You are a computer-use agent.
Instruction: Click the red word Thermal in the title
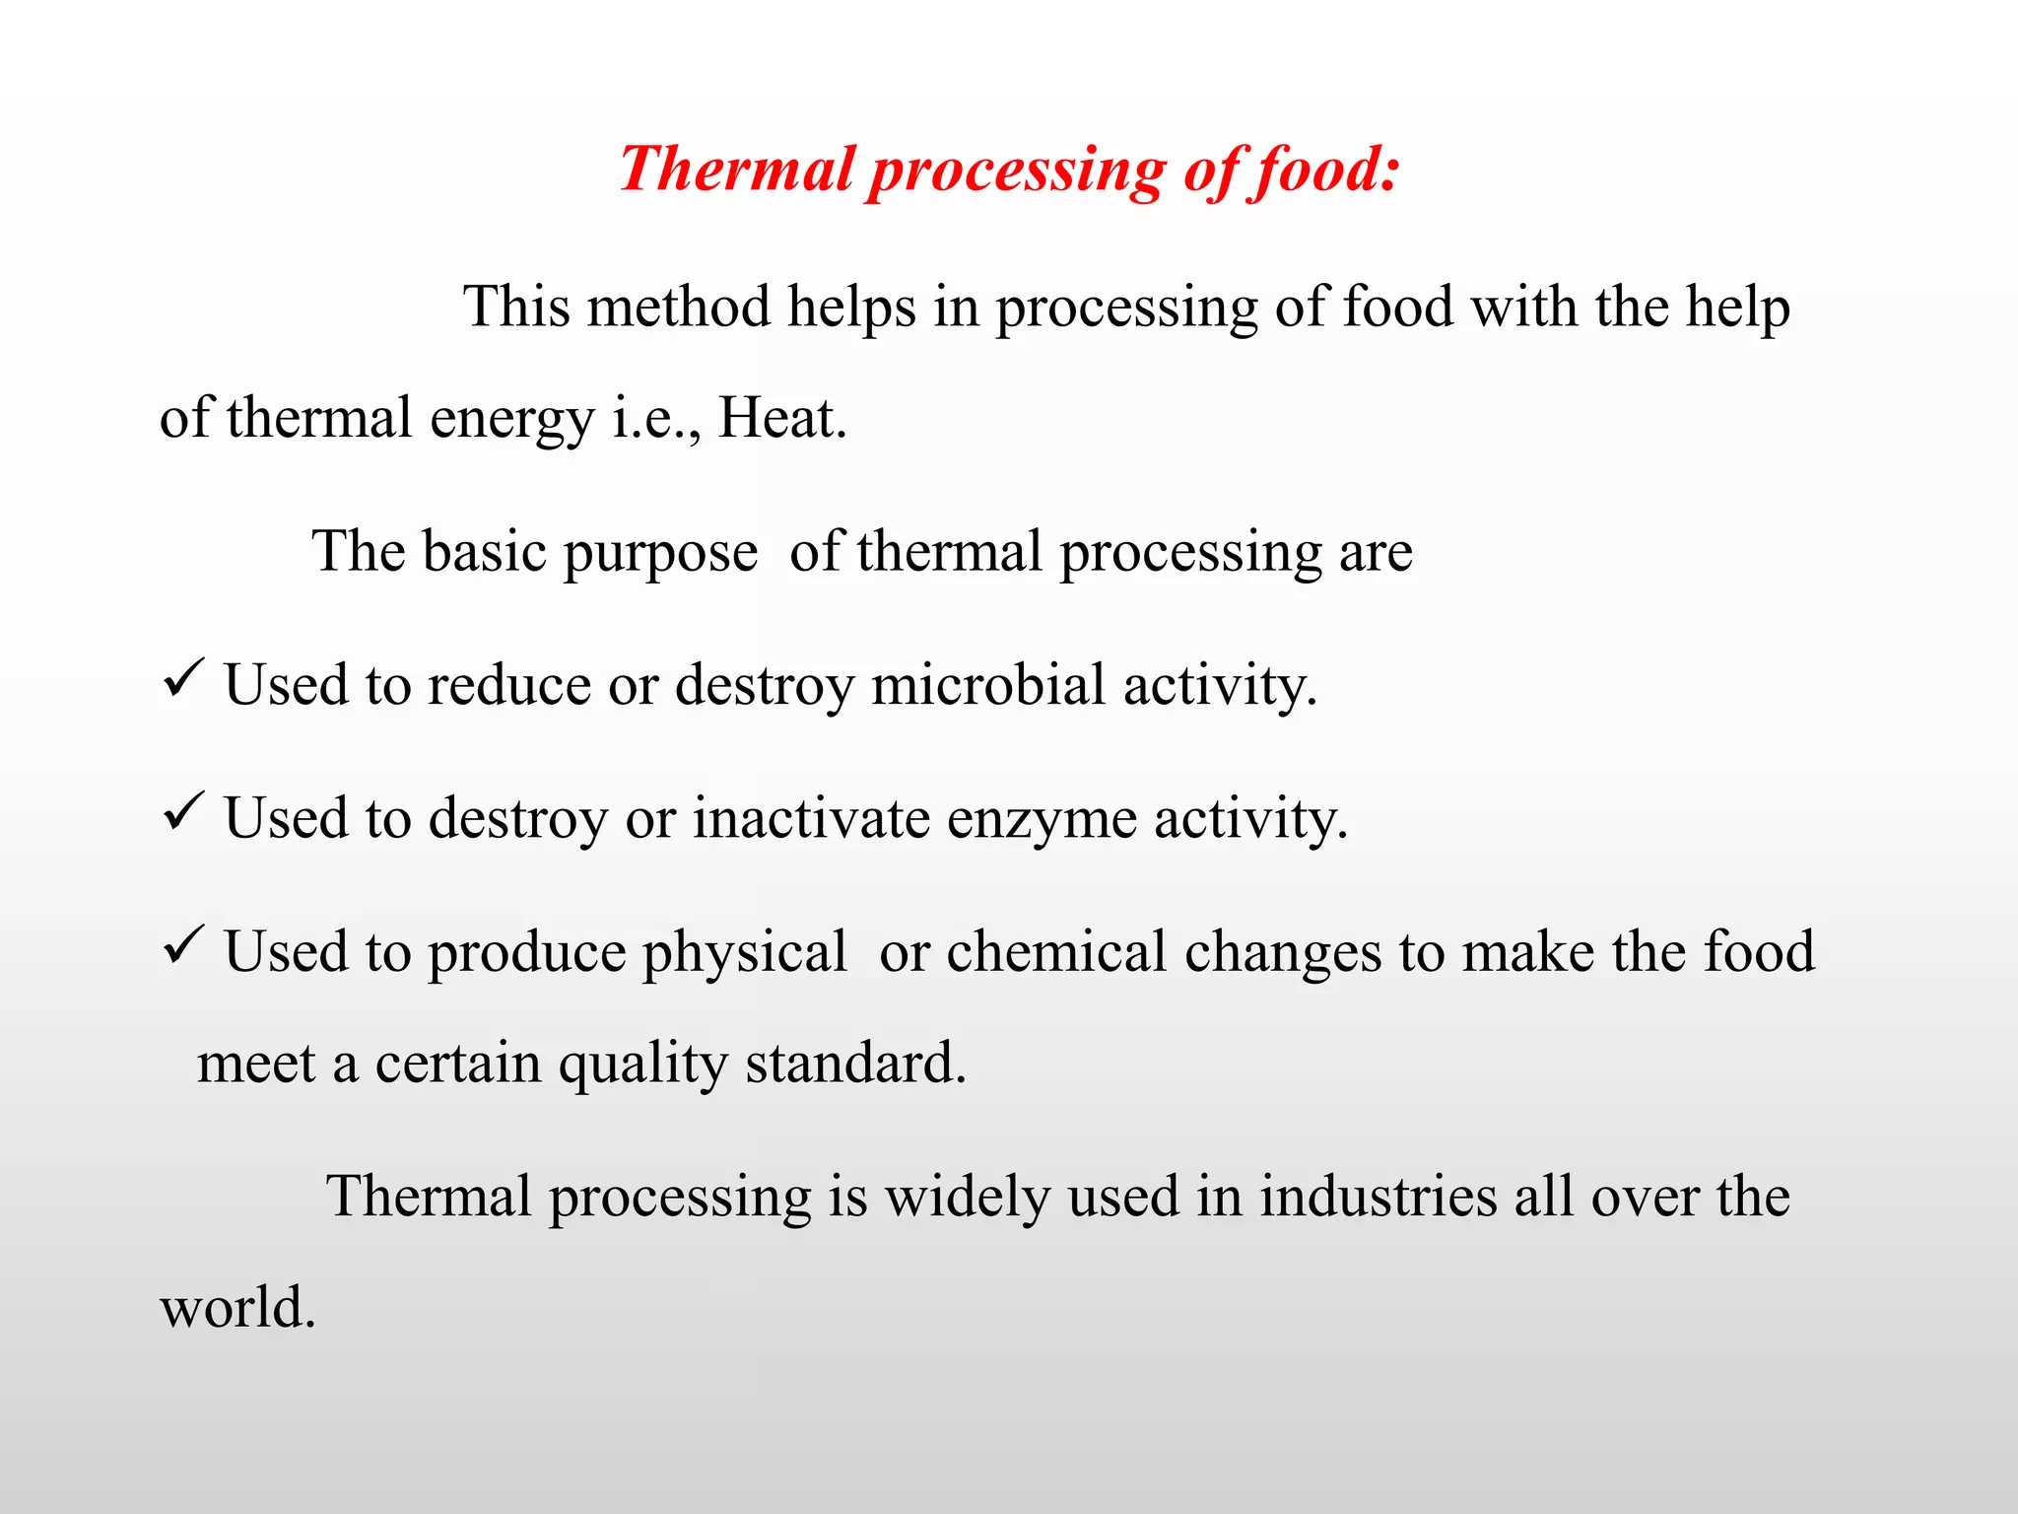click(736, 169)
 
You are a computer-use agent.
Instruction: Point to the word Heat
click(782, 418)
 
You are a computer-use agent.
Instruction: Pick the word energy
click(512, 420)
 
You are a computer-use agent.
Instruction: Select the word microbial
click(988, 684)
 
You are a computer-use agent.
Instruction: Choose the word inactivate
click(811, 818)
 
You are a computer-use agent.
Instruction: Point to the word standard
click(855, 1063)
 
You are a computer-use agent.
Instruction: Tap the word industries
click(1379, 1197)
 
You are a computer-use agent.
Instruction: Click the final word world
click(237, 1308)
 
